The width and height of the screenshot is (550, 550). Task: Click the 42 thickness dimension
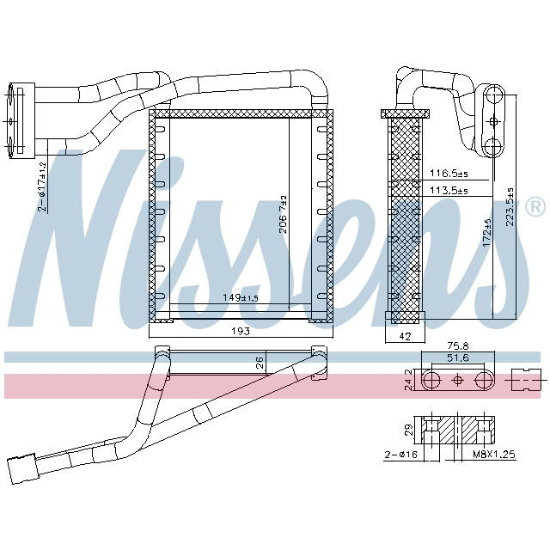tap(406, 337)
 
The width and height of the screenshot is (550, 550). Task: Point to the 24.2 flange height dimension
tap(408, 379)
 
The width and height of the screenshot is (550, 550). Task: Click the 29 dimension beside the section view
tap(409, 427)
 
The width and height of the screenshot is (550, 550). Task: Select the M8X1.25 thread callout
tap(494, 455)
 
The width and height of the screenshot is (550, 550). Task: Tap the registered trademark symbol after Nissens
tap(534, 207)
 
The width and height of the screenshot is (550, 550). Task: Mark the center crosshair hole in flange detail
tap(456, 380)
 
